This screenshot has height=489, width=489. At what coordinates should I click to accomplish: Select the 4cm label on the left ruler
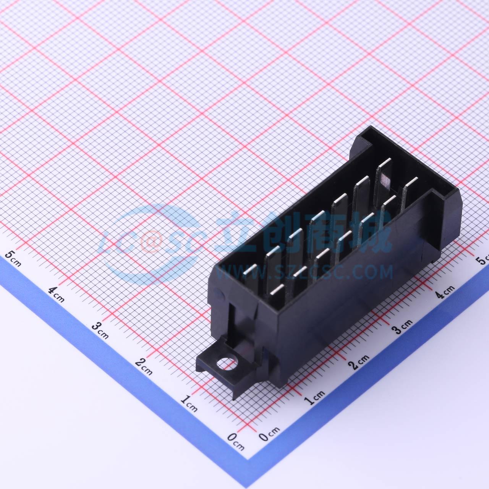click(x=56, y=295)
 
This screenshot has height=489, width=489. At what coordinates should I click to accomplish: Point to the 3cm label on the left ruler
click(x=100, y=331)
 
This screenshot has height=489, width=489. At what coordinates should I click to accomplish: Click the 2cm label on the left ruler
click(x=144, y=367)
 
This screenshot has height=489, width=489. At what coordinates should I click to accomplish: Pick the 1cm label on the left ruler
click(x=189, y=403)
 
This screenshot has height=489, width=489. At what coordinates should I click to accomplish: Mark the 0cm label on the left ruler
click(x=236, y=442)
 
